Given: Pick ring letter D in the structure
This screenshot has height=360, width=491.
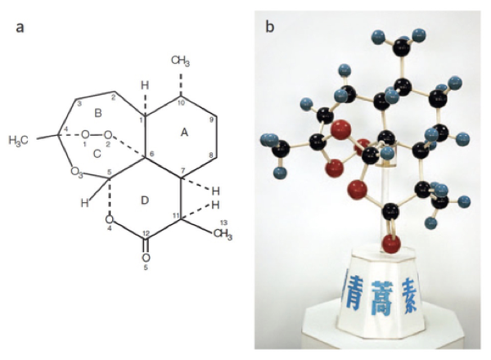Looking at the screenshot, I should [145, 200].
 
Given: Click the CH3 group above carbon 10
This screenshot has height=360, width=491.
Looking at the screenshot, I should [182, 60].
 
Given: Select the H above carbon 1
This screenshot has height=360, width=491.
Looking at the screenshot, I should [145, 85].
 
